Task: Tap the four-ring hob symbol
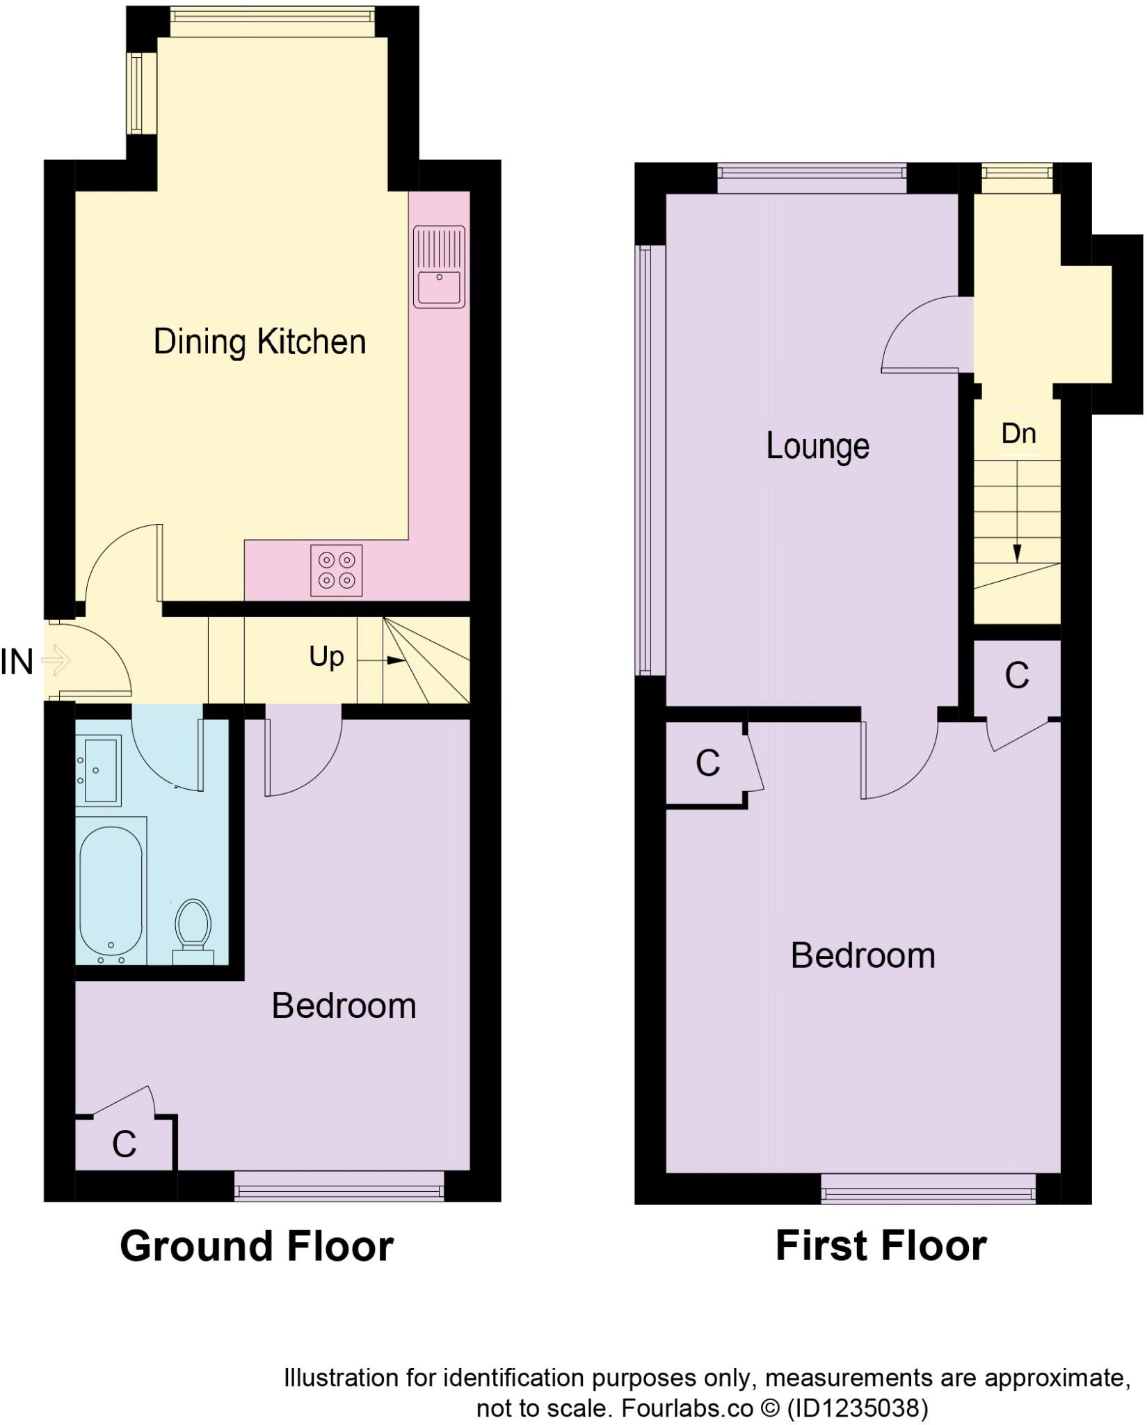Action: pos(337,570)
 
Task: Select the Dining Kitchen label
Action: pos(259,342)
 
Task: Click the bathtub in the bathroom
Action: pos(111,891)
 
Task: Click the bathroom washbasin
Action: pos(98,770)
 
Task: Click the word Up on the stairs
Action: pos(326,656)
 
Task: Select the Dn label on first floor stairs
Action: pos(1018,433)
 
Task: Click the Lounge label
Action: pos(817,446)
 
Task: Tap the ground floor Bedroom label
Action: pos(344,1006)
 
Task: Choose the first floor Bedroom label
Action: pos(863,956)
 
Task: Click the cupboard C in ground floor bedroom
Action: pos(124,1144)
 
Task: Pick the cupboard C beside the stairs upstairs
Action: pos(1016,675)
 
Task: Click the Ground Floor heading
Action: pos(257,1246)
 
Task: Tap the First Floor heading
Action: pos(881,1246)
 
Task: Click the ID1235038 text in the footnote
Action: pos(857,1409)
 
